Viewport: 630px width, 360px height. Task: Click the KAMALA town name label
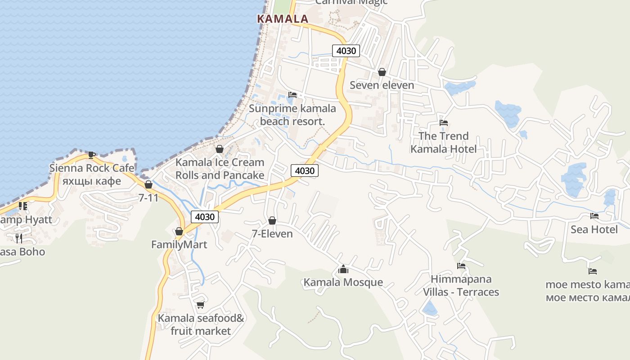tap(282, 19)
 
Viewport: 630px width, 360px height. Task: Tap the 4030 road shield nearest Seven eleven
tap(346, 51)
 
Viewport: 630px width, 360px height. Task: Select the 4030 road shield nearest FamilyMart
tap(205, 217)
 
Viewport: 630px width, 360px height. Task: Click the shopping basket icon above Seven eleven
tap(382, 72)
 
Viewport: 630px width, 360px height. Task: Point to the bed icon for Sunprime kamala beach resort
tap(292, 95)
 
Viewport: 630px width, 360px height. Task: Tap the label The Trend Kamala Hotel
tap(443, 142)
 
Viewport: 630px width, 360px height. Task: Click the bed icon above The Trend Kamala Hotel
tap(444, 123)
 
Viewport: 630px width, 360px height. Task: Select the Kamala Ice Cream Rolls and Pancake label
tap(220, 169)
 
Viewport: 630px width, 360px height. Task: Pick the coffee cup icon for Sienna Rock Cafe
tap(92, 155)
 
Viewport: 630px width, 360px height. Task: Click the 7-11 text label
tap(148, 198)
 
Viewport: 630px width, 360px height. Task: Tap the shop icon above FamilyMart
tap(179, 231)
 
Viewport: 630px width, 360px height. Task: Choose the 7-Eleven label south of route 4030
tap(272, 234)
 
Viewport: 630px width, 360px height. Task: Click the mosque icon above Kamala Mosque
tap(343, 270)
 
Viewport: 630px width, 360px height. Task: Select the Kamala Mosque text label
tap(343, 282)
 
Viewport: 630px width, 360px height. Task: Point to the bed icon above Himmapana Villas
tap(461, 266)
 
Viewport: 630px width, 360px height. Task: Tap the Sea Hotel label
tap(594, 229)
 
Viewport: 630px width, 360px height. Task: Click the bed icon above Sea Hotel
tap(594, 216)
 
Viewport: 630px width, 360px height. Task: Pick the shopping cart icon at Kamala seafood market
tap(201, 305)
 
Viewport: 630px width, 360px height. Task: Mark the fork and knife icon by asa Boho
tap(18, 238)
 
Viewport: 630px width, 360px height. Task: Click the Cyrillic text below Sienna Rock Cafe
tap(92, 181)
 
